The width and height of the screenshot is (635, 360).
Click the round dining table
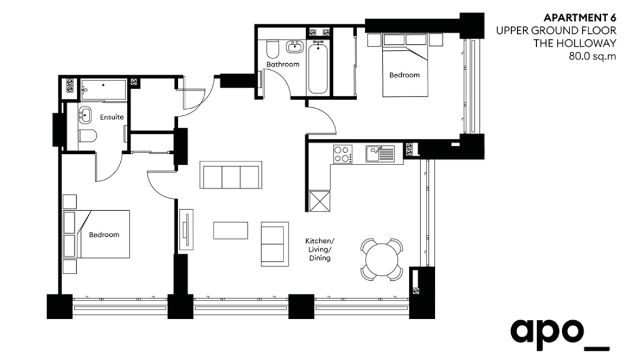click(x=382, y=259)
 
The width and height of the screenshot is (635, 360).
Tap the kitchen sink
click(x=380, y=155)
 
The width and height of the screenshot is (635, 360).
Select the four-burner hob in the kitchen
click(x=342, y=155)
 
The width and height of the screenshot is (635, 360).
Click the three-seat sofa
click(x=231, y=175)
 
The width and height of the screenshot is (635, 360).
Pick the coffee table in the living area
click(x=231, y=231)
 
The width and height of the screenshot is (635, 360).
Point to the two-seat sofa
click(x=275, y=243)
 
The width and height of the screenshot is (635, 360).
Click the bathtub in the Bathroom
click(x=318, y=67)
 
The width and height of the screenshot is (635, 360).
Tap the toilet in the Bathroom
click(x=272, y=50)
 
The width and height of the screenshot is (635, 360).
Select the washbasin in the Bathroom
click(x=294, y=47)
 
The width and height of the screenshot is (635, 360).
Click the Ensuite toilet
click(x=87, y=136)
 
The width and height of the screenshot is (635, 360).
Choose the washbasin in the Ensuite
click(x=85, y=115)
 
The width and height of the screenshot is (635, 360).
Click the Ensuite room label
click(x=112, y=117)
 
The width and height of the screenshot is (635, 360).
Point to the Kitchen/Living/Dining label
click(x=320, y=250)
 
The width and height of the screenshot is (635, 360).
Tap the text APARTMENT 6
click(x=580, y=18)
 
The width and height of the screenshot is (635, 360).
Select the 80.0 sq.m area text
click(x=593, y=56)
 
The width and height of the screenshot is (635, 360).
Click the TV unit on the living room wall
click(x=187, y=229)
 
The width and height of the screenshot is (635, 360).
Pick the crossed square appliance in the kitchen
click(x=320, y=201)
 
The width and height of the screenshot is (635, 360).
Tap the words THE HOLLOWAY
click(x=575, y=44)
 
